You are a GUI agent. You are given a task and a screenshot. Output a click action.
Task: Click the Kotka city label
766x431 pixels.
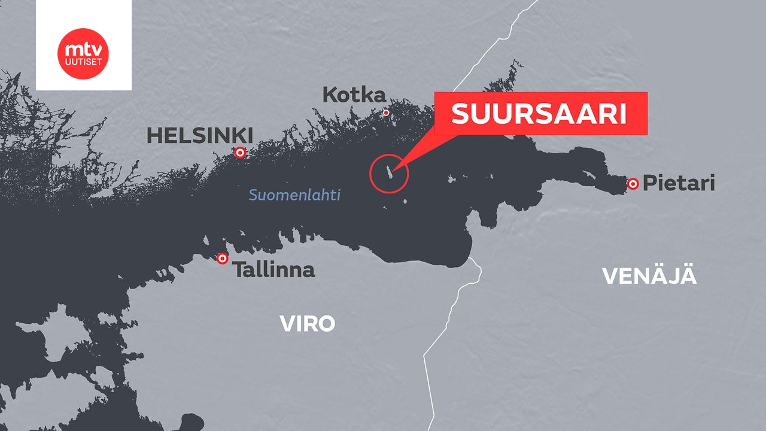click(354, 95)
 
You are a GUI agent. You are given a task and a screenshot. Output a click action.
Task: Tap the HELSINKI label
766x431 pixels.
click(200, 135)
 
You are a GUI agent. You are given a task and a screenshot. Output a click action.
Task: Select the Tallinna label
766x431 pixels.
click(273, 269)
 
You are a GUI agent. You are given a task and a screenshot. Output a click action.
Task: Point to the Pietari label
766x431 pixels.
click(679, 183)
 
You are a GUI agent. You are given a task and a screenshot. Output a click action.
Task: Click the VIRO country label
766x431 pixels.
click(307, 324)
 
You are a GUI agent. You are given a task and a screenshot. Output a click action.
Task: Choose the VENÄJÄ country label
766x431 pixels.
click(649, 276)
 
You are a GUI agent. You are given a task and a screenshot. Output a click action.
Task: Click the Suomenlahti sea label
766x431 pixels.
click(294, 195)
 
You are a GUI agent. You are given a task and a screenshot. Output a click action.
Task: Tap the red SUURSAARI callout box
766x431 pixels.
click(540, 113)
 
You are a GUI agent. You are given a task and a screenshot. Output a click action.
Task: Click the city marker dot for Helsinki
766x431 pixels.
click(240, 153)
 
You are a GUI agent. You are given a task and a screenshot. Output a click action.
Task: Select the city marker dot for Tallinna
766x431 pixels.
click(223, 259)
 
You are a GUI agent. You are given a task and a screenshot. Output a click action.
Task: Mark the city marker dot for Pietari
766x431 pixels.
click(633, 184)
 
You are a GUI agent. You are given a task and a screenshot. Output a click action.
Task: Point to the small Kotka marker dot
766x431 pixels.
click(386, 113)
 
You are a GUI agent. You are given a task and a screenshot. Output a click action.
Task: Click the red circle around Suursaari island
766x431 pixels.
click(389, 174)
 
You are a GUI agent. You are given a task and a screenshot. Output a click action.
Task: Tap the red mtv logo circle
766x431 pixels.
click(83, 53)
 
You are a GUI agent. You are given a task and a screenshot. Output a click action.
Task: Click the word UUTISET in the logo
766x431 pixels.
click(83, 61)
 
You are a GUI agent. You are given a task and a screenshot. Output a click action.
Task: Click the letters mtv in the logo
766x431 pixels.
click(83, 48)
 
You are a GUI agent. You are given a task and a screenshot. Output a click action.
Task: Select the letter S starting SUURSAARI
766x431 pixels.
click(460, 114)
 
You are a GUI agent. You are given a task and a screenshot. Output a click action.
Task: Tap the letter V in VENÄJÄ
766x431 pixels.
click(610, 276)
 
